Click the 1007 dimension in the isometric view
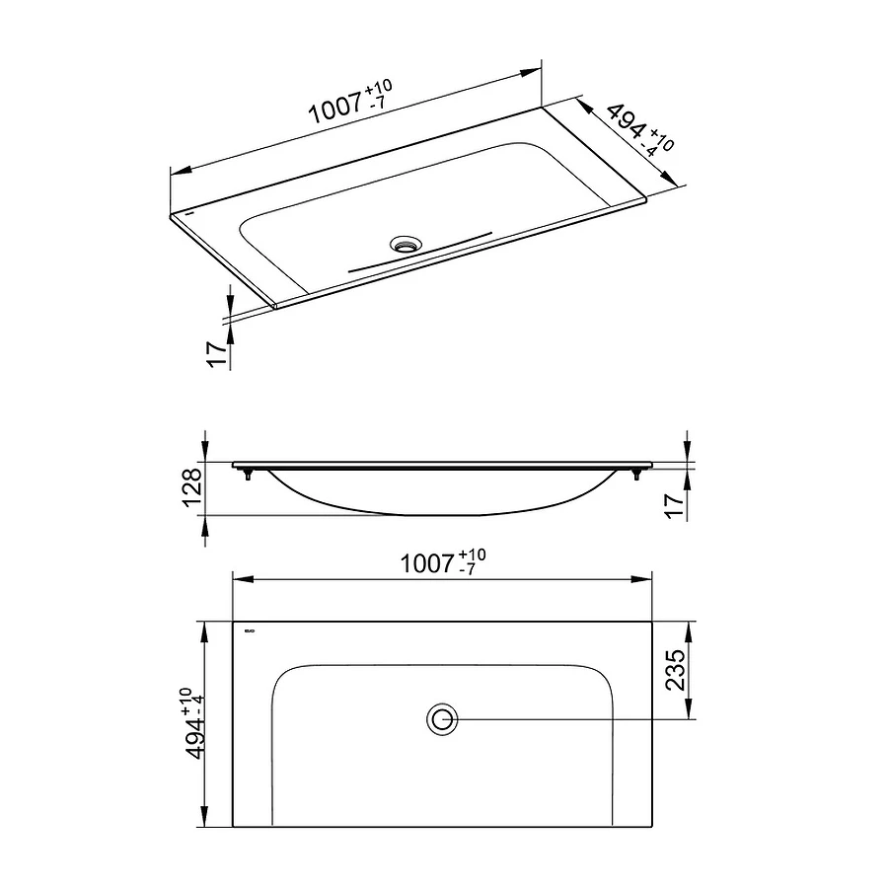coord(335,108)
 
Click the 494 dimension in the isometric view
coord(625,124)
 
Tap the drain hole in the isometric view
coord(406,242)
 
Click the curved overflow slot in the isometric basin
coord(419,252)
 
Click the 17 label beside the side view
coord(675,506)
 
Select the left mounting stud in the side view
coord(248,475)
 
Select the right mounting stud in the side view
coord(636,475)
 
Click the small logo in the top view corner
coord(248,630)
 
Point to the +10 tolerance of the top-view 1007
coord(473,555)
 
